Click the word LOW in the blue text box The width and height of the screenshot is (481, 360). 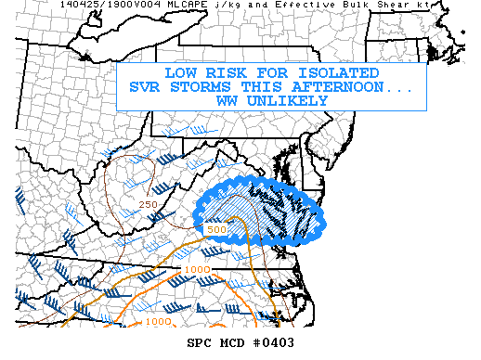(180, 73)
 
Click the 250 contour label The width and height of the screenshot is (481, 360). (147, 204)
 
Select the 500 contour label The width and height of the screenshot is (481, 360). (216, 228)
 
